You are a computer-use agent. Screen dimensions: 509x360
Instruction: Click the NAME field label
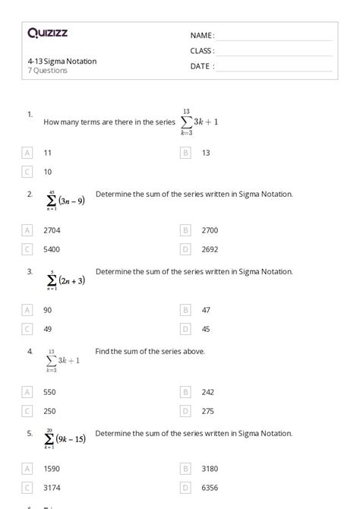pyautogui.click(x=202, y=35)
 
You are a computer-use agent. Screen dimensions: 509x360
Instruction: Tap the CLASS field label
pyautogui.click(x=202, y=50)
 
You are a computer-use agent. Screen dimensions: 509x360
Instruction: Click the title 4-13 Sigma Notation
pyautogui.click(x=62, y=61)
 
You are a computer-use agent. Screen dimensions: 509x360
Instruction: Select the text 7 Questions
pyautogui.click(x=47, y=70)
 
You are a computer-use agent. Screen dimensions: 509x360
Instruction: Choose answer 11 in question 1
pyautogui.click(x=48, y=153)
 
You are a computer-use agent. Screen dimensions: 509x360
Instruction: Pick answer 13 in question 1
pyautogui.click(x=206, y=153)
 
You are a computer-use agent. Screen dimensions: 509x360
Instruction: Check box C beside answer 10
pyautogui.click(x=28, y=172)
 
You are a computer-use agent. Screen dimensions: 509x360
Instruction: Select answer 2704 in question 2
pyautogui.click(x=52, y=229)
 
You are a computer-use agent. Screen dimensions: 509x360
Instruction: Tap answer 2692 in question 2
pyautogui.click(x=210, y=248)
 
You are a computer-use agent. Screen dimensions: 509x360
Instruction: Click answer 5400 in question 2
pyautogui.click(x=52, y=248)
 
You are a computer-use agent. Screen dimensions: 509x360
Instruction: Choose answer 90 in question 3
pyautogui.click(x=48, y=310)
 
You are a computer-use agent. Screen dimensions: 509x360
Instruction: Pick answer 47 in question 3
pyautogui.click(x=206, y=310)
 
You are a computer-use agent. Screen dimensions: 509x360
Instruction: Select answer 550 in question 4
pyautogui.click(x=49, y=392)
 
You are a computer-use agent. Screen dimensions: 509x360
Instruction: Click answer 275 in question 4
pyautogui.click(x=207, y=411)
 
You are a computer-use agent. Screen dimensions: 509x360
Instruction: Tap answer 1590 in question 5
pyautogui.click(x=52, y=469)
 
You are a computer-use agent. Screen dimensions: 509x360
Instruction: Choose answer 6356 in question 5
pyautogui.click(x=210, y=488)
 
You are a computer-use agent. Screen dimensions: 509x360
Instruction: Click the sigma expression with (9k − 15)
pyautogui.click(x=65, y=438)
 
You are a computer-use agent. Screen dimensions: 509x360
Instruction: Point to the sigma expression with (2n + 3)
pyautogui.click(x=65, y=280)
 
